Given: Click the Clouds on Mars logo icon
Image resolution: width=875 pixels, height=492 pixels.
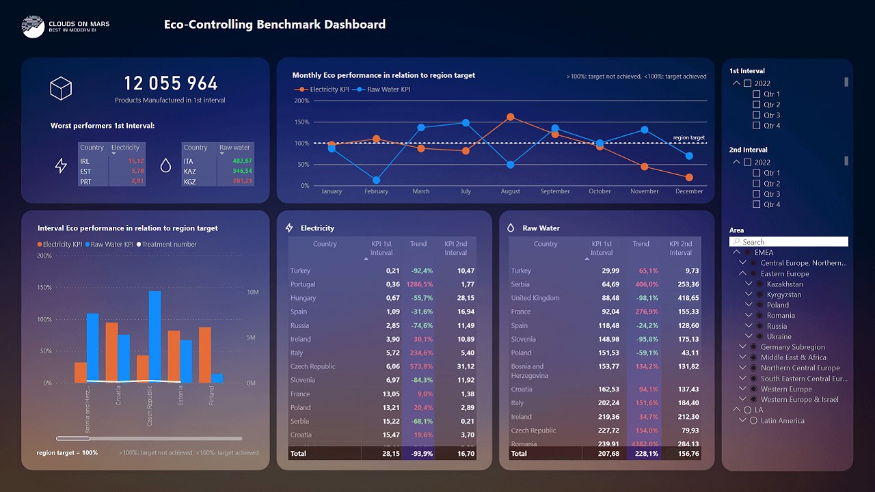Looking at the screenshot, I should click(x=33, y=26).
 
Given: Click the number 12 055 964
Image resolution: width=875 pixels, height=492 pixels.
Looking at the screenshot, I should click(x=170, y=83).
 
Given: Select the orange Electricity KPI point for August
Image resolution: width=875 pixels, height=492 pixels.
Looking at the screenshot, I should click(x=510, y=117).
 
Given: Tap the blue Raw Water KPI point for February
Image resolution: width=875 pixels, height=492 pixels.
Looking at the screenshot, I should click(x=377, y=180).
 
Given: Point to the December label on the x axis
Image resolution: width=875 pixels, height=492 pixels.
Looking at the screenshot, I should click(x=689, y=191).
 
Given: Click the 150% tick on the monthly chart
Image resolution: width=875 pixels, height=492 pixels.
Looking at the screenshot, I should click(x=301, y=122).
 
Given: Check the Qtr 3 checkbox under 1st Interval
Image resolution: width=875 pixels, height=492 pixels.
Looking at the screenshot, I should click(x=756, y=115).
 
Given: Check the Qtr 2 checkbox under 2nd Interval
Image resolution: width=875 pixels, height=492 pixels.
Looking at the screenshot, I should click(x=756, y=184).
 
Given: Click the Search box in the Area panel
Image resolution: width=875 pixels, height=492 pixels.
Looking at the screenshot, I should click(x=789, y=242).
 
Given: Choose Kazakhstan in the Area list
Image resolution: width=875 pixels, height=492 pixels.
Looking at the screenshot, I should click(x=785, y=284).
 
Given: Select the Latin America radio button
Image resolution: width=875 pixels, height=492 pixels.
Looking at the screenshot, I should click(x=753, y=421).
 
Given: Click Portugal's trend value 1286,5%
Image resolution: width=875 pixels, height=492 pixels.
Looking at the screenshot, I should click(x=419, y=284).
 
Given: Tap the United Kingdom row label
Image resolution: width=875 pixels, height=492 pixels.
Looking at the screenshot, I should click(x=535, y=298).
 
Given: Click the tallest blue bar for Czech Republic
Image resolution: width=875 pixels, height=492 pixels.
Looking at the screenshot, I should click(x=154, y=335).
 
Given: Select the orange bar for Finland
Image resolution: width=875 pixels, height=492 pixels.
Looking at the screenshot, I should click(x=205, y=355).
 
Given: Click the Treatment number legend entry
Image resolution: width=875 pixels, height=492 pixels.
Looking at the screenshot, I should click(x=169, y=245).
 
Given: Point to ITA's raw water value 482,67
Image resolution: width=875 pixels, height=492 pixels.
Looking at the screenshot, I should click(x=242, y=161).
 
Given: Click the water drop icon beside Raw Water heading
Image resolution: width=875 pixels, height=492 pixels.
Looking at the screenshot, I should click(x=511, y=228).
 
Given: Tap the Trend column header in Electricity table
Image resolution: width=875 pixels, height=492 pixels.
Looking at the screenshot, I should click(x=418, y=244).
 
